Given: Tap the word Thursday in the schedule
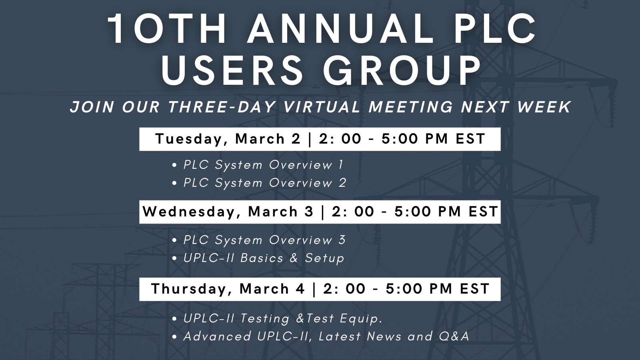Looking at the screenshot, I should point(191,289).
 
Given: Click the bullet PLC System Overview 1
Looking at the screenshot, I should point(263,165).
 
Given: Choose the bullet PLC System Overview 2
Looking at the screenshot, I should point(265,183).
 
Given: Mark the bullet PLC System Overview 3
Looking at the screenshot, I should point(264,240).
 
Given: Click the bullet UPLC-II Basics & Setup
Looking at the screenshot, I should point(264,258).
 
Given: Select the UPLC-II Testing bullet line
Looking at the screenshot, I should point(283,318).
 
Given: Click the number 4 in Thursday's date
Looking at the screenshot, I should point(300,289).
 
